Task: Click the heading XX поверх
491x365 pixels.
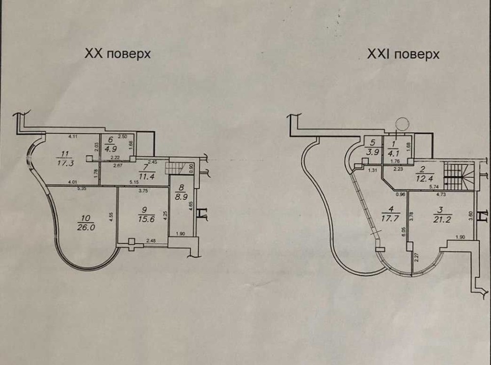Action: coord(117,54)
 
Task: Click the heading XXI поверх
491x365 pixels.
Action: coord(403,53)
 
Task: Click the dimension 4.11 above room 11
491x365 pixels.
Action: coord(74,135)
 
